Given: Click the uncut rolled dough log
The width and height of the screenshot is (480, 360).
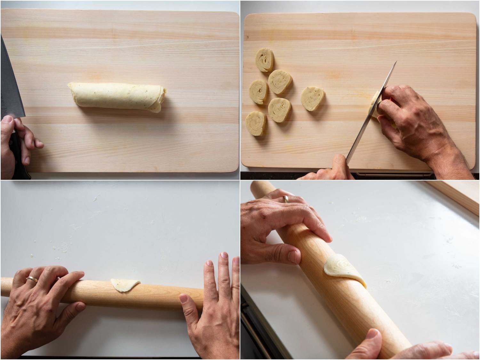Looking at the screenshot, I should tap(117, 97).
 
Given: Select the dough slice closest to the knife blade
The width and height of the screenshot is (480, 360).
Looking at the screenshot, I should tap(313, 99).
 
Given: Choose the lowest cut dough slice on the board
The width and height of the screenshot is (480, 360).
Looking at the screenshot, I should tap(256, 123).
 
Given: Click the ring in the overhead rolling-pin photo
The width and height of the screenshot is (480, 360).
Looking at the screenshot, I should tap(32, 279).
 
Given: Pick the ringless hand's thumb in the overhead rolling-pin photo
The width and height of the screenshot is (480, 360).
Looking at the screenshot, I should tap(189, 304).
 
